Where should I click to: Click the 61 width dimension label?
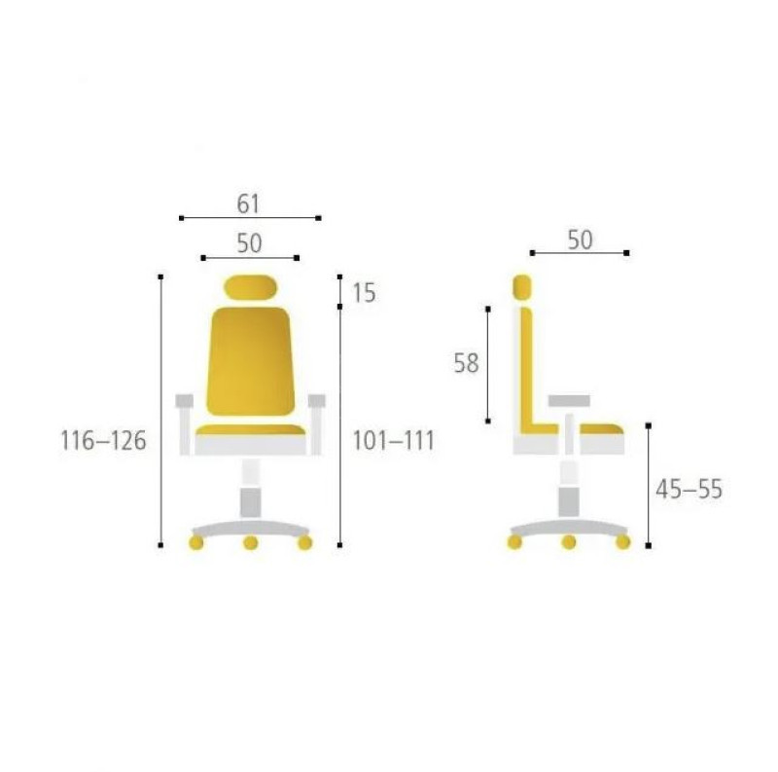click(248, 203)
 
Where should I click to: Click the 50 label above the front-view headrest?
click(249, 243)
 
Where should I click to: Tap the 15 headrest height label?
click(364, 293)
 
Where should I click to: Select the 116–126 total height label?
click(103, 441)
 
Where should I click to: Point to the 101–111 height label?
click(393, 441)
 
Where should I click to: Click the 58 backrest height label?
click(467, 363)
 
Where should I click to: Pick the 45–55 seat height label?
click(689, 490)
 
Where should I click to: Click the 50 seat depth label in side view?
click(580, 239)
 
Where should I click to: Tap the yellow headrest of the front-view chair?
click(250, 287)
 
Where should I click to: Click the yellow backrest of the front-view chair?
click(250, 361)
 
